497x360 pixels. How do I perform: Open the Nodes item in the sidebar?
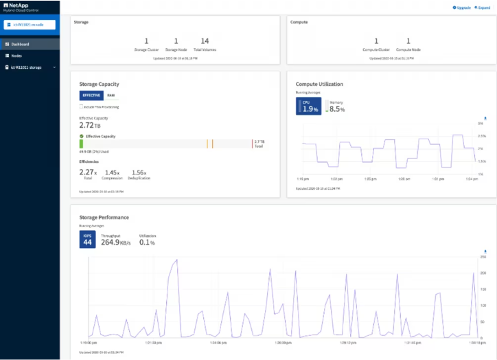click(x=16, y=56)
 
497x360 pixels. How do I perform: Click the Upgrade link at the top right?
click(x=461, y=8)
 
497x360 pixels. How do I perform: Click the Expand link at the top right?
click(x=483, y=8)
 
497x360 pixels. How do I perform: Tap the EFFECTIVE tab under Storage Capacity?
click(x=91, y=95)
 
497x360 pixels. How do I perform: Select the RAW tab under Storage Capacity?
click(x=111, y=95)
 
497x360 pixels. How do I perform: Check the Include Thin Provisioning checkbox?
click(x=81, y=106)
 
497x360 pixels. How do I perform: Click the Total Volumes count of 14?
click(x=205, y=42)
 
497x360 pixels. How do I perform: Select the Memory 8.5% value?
click(x=336, y=108)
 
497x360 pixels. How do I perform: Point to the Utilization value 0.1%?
click(x=147, y=241)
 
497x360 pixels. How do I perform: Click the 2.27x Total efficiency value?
click(x=87, y=172)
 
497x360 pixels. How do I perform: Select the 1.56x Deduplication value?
click(x=139, y=172)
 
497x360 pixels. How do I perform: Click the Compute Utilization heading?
click(x=319, y=84)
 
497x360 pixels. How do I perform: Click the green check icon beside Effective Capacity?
click(x=82, y=137)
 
